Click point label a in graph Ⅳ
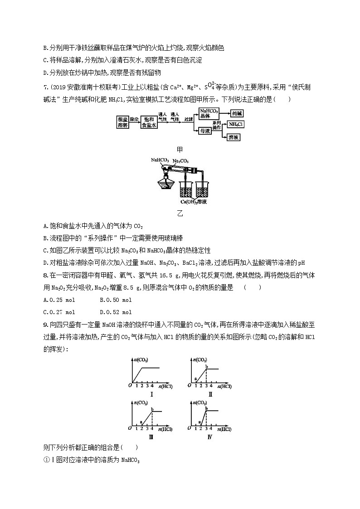[x=200, y=421]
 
